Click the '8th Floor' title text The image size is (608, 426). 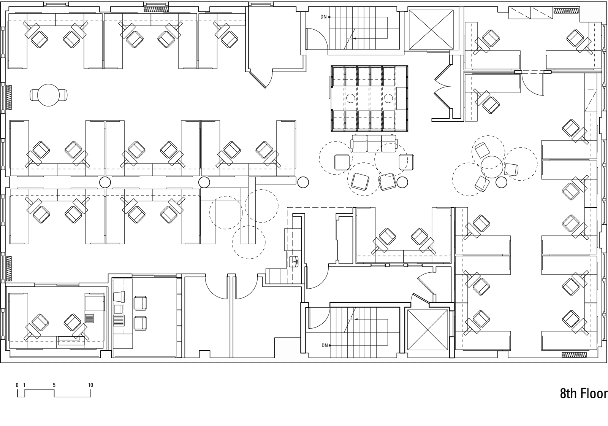pos(584,394)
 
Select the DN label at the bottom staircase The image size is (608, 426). pos(324,345)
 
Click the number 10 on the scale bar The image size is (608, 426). pos(90,385)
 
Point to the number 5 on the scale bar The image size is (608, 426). pos(54,385)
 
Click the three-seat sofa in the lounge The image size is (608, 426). pos(374,144)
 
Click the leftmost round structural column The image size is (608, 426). pos(105,183)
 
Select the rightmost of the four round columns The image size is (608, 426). pos(501,183)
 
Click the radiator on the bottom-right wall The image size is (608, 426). pos(575,355)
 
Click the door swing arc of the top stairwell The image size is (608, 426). pos(317,37)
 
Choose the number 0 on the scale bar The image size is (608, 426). pos(17,385)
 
